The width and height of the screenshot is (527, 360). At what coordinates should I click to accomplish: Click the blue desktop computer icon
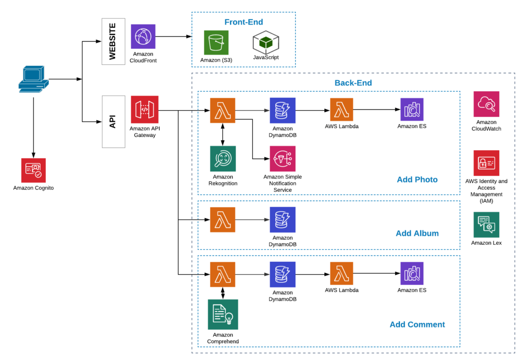(x=33, y=80)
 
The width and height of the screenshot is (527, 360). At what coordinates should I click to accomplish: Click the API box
(x=113, y=121)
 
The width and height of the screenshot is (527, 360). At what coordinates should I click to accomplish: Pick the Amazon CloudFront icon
(x=143, y=37)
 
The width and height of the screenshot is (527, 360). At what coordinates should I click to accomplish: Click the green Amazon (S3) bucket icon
(x=216, y=42)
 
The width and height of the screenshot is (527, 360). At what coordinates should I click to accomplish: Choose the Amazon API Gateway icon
(x=145, y=109)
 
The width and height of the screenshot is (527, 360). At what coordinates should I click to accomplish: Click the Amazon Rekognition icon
(x=223, y=158)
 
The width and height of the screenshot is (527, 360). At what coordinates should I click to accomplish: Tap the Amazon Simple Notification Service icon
(x=283, y=158)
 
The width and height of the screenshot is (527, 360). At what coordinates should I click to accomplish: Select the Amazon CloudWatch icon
(x=486, y=104)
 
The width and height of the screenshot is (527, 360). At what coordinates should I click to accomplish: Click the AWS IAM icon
(x=486, y=163)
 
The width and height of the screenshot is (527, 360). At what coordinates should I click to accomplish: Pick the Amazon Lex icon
(x=486, y=225)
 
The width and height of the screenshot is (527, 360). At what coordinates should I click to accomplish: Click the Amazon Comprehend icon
(x=223, y=314)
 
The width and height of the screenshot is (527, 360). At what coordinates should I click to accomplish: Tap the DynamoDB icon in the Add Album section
(x=283, y=220)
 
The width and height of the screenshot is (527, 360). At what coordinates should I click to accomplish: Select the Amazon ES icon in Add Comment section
(x=412, y=273)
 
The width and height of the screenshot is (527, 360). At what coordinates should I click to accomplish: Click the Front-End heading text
(x=243, y=22)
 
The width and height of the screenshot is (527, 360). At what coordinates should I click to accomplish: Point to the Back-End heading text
(x=353, y=83)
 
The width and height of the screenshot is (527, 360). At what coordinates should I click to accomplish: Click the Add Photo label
(x=417, y=179)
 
